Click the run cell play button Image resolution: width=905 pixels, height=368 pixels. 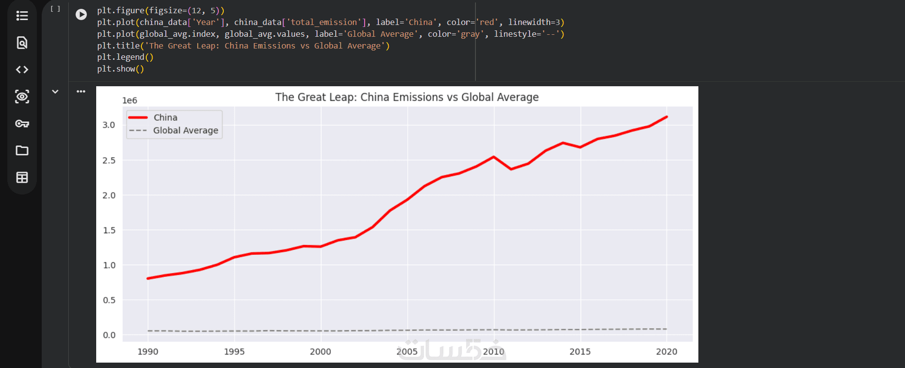(81, 15)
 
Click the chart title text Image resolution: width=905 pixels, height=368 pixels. (407, 97)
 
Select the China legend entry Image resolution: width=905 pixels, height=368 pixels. (165, 118)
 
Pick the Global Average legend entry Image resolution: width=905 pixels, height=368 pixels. (186, 130)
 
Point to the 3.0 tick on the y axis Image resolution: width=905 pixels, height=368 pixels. (109, 125)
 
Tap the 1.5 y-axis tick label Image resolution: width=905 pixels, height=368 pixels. (109, 230)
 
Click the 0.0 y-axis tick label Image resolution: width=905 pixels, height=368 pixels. (109, 335)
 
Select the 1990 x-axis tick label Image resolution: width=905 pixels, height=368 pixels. (148, 351)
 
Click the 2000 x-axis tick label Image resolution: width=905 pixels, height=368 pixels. (320, 351)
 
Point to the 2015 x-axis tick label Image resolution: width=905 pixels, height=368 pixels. (580, 351)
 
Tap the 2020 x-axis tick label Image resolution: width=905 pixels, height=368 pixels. (666, 351)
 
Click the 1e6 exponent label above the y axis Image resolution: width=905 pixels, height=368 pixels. (130, 100)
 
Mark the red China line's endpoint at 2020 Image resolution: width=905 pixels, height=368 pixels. (666, 117)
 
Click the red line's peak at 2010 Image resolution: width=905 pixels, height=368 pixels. (494, 157)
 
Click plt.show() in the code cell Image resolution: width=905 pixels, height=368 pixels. (120, 69)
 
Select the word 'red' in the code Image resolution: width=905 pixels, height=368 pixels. (487, 23)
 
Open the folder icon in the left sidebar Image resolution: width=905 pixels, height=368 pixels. (22, 150)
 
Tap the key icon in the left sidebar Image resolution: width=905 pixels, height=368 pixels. (22, 123)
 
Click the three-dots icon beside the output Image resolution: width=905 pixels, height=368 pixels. (81, 92)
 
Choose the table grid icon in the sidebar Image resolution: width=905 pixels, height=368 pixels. (22, 177)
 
